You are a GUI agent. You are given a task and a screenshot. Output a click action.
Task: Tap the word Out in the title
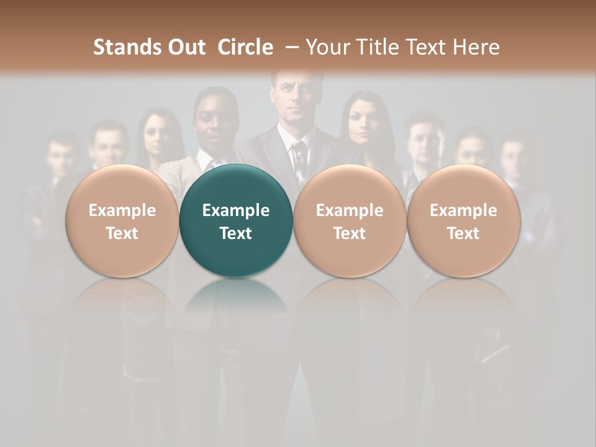184,47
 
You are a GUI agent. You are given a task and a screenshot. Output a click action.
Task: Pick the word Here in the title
475,47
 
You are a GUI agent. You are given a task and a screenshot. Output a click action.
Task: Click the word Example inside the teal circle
236,210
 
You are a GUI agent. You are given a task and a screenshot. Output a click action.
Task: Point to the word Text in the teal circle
236,233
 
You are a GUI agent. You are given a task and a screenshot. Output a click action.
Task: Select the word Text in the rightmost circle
463,233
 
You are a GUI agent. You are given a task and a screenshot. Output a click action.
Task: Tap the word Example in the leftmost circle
122,210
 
